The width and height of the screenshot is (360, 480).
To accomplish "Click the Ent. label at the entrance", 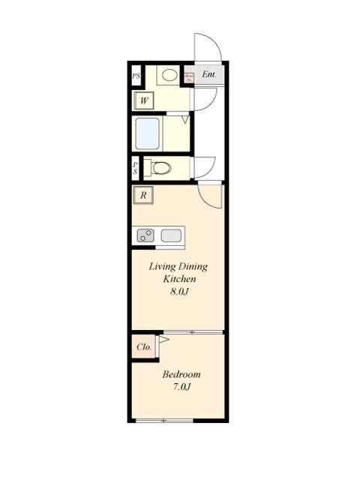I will (x=209, y=75).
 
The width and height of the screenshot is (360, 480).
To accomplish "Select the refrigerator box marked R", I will (x=142, y=196).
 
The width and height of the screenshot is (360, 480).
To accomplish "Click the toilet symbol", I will (x=159, y=167).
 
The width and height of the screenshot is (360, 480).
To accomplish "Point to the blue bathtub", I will (x=148, y=133).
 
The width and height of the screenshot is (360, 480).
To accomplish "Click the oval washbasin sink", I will (x=169, y=75).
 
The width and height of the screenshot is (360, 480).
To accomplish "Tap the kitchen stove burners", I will (x=145, y=235).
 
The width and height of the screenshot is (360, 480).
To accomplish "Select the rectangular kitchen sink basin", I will (x=171, y=235).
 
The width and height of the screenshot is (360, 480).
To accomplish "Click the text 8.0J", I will (x=178, y=291).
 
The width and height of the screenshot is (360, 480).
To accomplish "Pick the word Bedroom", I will (x=181, y=374).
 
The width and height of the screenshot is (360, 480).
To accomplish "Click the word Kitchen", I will (x=180, y=279).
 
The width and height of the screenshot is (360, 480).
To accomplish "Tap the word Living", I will (x=162, y=266).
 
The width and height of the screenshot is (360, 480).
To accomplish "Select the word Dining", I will (x=193, y=266).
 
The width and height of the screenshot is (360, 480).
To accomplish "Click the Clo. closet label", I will (x=145, y=347).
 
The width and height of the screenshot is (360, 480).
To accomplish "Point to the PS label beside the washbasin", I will (x=136, y=76).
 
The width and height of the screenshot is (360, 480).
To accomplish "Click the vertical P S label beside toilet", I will (x=136, y=167).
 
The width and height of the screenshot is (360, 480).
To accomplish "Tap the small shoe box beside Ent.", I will (x=189, y=76).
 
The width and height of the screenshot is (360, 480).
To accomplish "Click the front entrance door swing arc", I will (x=207, y=49).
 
